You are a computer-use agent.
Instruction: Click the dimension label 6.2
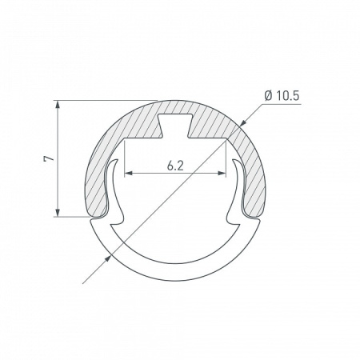175,166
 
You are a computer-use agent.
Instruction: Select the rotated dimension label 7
49,158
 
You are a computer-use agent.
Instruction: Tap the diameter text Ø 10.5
282,96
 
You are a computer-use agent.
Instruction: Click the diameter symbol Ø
269,96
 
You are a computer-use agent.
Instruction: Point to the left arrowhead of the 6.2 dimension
129,174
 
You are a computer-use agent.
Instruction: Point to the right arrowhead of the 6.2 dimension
222,174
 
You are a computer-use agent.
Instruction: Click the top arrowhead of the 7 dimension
58,105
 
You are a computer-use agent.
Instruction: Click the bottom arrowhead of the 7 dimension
58,213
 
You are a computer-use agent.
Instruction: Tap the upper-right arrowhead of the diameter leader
243,122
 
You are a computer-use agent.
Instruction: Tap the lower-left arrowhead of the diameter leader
107,258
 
